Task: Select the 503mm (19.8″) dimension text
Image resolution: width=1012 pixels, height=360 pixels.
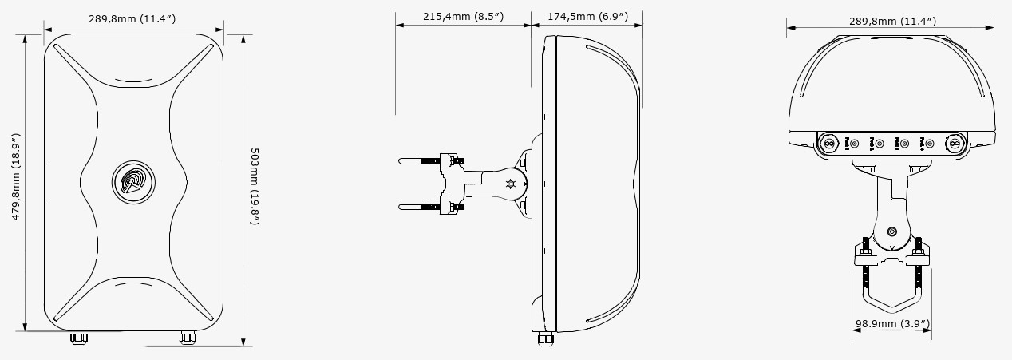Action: tap(255, 185)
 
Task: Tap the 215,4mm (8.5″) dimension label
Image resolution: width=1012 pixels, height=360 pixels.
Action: tap(463, 16)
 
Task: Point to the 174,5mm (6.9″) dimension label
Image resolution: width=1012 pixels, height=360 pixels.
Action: tap(587, 16)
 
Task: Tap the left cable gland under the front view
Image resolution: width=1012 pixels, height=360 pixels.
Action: tap(78, 338)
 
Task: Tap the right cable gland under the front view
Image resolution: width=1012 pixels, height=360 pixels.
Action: tap(187, 338)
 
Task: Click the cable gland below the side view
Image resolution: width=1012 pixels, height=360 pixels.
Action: tap(545, 338)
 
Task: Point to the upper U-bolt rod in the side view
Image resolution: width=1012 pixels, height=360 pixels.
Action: tap(419, 162)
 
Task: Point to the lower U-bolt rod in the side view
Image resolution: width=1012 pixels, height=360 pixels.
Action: tap(419, 208)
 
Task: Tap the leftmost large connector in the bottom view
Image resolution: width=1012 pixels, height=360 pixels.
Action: tap(828, 144)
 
